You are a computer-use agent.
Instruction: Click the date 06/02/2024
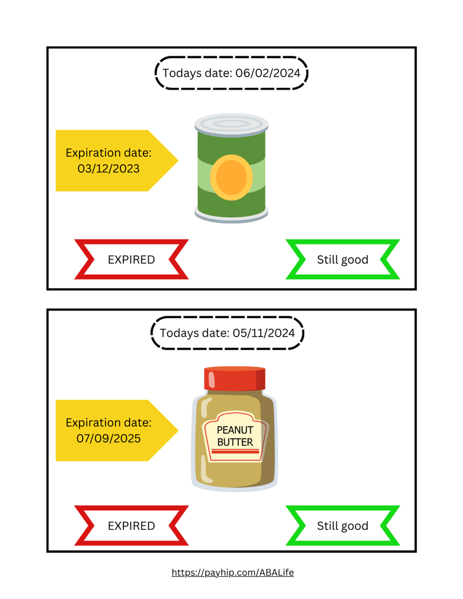[x=268, y=73]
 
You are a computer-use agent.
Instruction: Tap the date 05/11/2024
[x=264, y=333]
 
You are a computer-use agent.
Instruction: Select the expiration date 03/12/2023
[x=109, y=169]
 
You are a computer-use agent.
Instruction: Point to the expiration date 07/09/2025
[x=109, y=438]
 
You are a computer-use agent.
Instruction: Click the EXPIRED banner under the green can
[x=131, y=259]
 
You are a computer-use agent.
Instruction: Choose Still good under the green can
[x=343, y=259]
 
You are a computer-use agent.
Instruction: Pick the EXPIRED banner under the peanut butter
[x=131, y=526]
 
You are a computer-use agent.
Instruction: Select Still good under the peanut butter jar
[x=343, y=526]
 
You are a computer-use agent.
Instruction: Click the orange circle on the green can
[x=231, y=178]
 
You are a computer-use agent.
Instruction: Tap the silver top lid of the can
[x=231, y=125]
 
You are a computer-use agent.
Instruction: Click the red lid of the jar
[x=235, y=378]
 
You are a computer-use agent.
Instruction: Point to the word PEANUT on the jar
[x=235, y=430]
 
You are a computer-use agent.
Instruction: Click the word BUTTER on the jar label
[x=235, y=442]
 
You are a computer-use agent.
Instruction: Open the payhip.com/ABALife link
[x=233, y=572]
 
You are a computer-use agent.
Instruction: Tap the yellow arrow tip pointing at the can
[x=178, y=161]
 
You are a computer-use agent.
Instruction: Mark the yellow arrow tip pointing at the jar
[x=178, y=430]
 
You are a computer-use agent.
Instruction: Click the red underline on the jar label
[x=235, y=452]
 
